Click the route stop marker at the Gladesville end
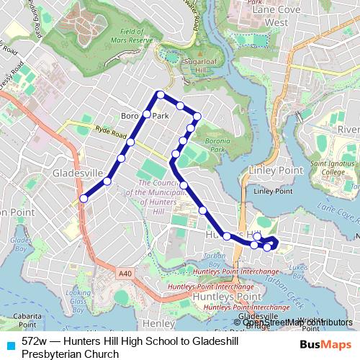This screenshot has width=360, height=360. click(84, 199)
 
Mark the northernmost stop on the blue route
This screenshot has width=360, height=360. click(161, 95)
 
